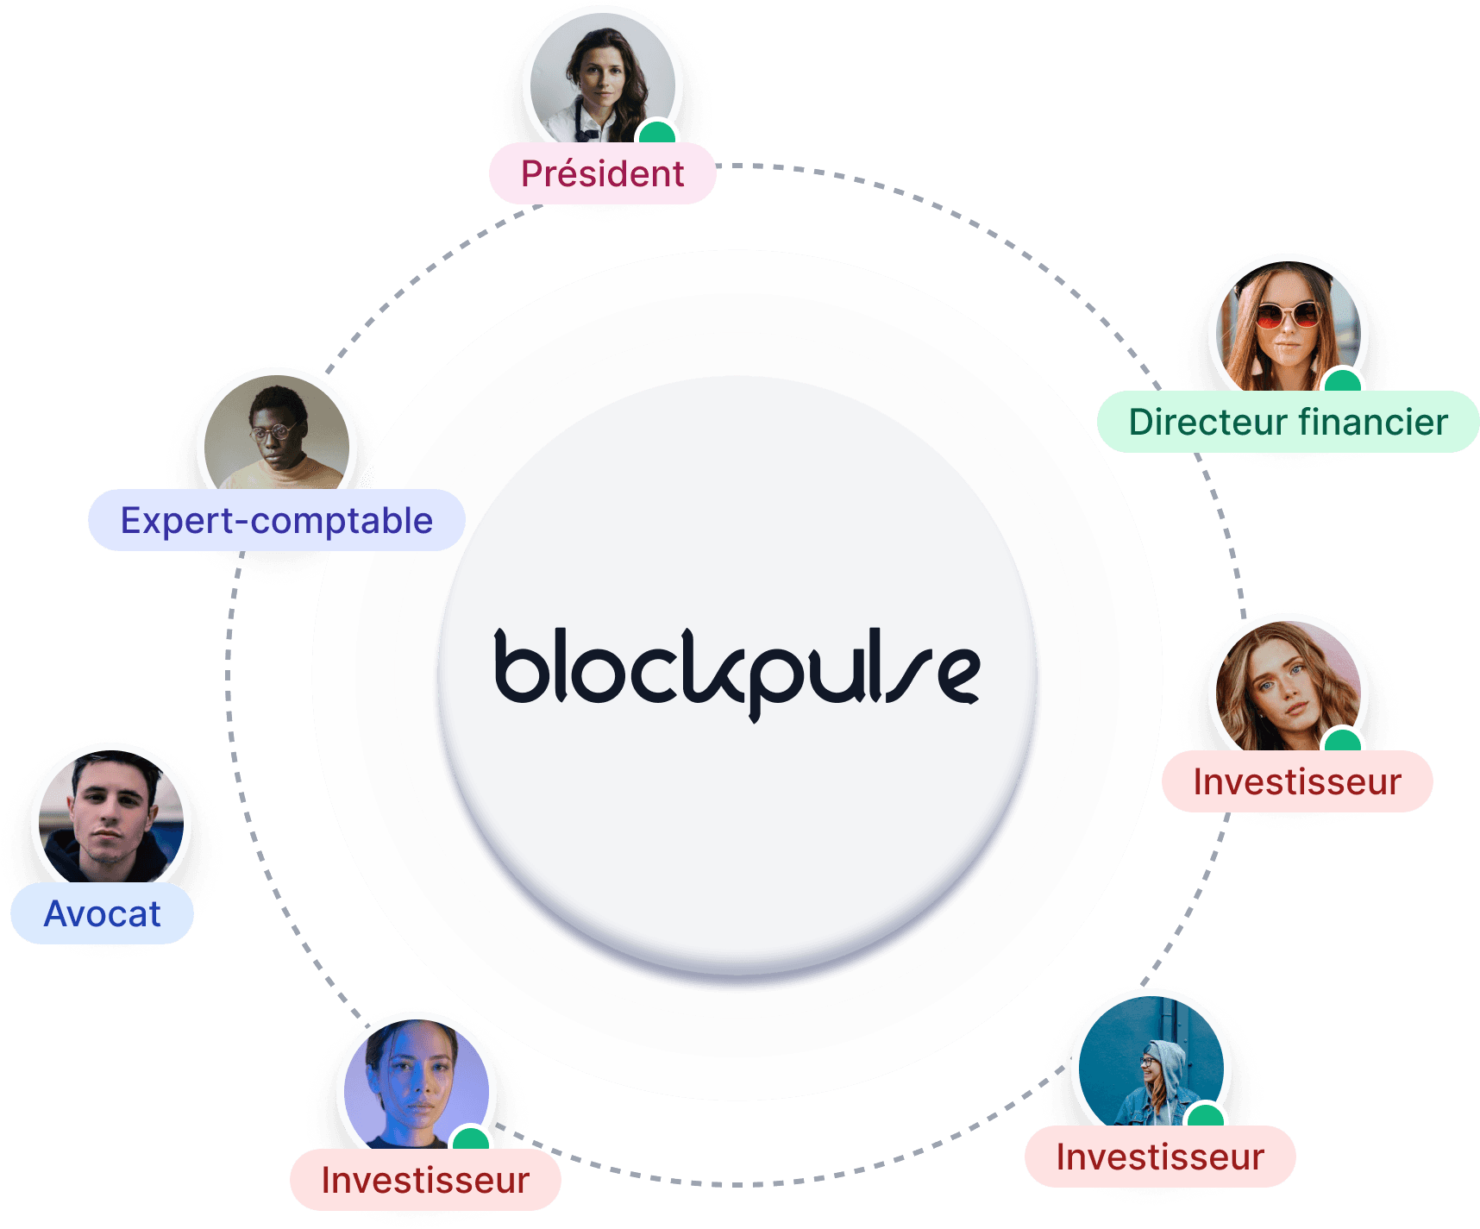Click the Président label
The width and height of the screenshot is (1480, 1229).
tap(602, 174)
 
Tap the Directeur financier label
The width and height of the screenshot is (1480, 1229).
tap(1288, 423)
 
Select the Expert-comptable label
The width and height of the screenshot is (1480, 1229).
tap(276, 521)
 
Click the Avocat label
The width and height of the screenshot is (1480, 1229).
tap(102, 914)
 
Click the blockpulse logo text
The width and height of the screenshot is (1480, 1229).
tap(737, 671)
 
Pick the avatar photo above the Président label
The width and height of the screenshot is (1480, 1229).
tap(602, 82)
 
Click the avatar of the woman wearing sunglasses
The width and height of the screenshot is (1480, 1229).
tap(1288, 328)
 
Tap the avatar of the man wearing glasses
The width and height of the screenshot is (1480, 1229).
tap(277, 436)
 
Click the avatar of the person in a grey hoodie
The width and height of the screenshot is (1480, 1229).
tap(1151, 1065)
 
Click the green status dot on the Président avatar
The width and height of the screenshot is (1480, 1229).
tap(658, 133)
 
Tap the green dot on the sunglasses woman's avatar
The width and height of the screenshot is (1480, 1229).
tap(1342, 380)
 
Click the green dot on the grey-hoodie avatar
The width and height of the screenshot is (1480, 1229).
tap(1205, 1116)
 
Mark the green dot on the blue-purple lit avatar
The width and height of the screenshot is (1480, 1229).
tap(470, 1138)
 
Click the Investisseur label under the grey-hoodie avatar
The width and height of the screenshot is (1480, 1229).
tap(1160, 1157)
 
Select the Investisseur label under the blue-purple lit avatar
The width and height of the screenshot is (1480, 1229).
tap(425, 1181)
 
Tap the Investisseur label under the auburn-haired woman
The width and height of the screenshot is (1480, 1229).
tap(1297, 782)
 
